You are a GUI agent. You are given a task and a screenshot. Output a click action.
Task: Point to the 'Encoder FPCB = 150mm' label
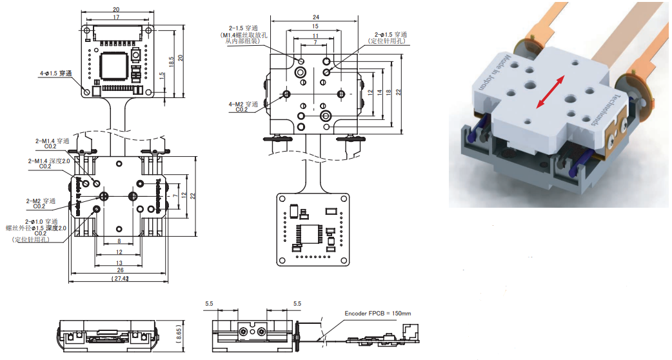[378, 314]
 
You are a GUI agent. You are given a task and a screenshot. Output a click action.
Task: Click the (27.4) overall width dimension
[120, 279]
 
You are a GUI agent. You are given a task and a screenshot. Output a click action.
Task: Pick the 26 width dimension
[120, 270]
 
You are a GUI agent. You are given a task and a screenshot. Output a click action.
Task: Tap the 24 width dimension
[315, 17]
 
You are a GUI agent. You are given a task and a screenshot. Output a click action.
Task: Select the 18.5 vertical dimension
[172, 63]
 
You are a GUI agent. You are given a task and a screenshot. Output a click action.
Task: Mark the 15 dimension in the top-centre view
[315, 26]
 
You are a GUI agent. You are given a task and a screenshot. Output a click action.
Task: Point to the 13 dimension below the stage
[119, 263]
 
